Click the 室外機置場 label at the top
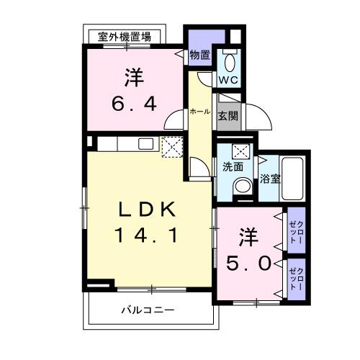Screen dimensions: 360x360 (125, 37)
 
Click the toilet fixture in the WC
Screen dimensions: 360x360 (230, 60)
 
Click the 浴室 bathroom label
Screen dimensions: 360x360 (269, 177)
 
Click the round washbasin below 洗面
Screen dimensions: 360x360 (241, 186)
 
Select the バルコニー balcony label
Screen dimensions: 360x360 (147, 310)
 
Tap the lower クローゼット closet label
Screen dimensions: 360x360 (296, 277)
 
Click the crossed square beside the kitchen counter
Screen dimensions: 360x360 (174, 147)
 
